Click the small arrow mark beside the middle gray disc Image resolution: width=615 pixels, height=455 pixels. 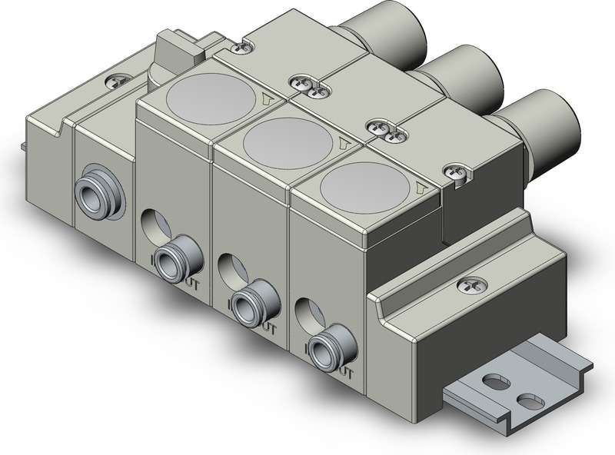343,144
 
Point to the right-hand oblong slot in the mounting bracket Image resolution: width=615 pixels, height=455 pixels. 528,401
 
